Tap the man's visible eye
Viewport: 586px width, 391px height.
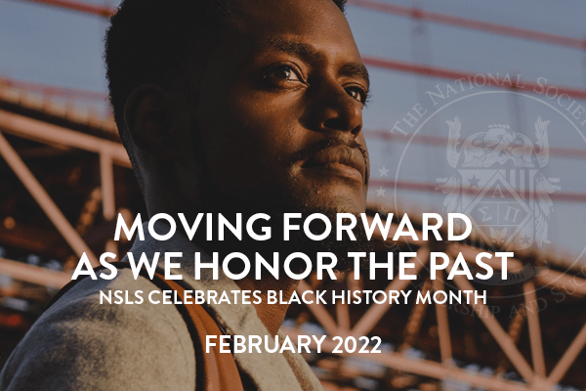283,73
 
